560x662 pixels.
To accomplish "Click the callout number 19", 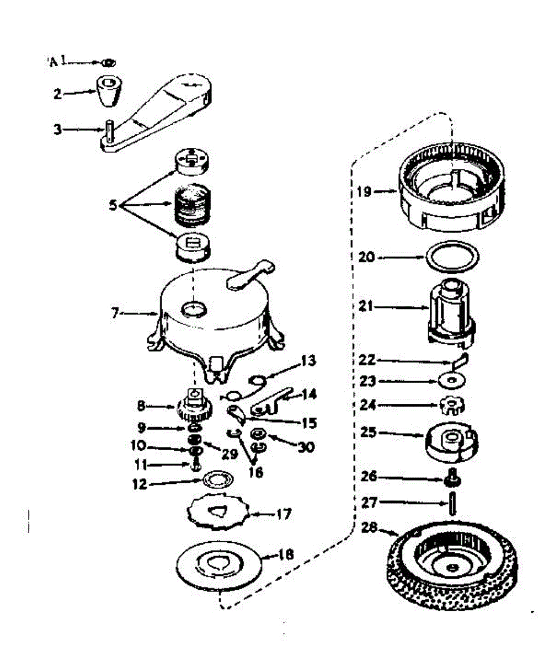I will [x=364, y=192].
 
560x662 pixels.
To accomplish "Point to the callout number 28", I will [x=369, y=528].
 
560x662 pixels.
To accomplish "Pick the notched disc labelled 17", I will [x=218, y=512].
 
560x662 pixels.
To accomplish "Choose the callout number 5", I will [x=113, y=206].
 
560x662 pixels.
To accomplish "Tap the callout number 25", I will [x=368, y=432].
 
